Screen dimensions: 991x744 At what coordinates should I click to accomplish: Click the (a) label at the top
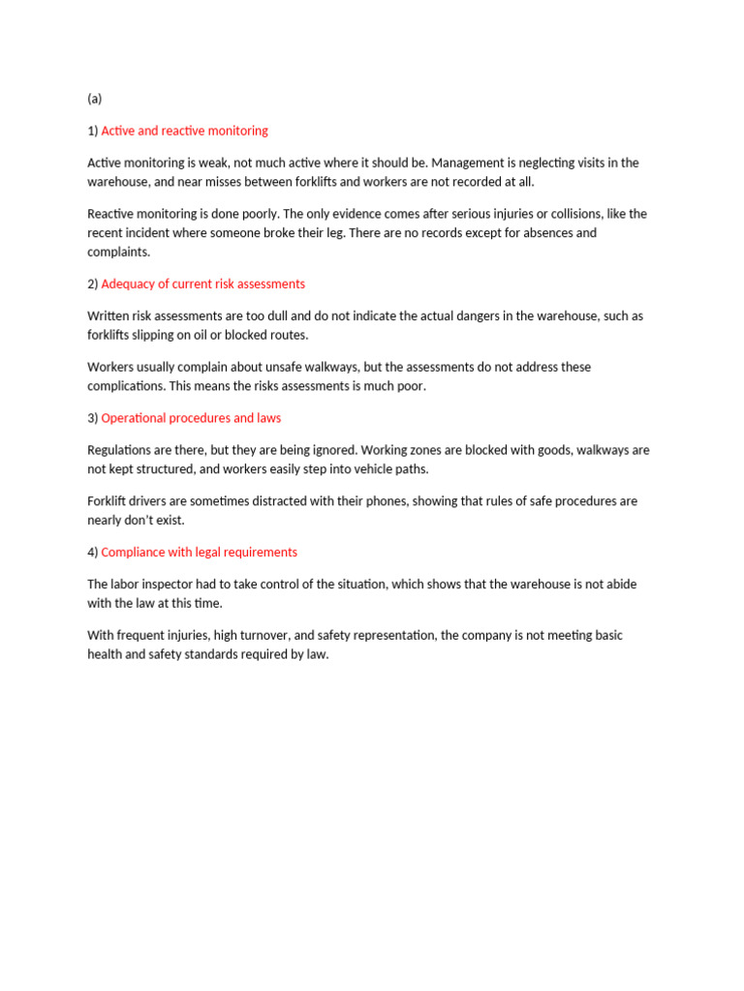[94, 99]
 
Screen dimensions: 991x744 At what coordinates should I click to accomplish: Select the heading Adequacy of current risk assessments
[202, 285]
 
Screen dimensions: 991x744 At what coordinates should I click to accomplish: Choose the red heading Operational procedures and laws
[191, 418]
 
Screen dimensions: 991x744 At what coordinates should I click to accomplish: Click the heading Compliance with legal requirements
[199, 553]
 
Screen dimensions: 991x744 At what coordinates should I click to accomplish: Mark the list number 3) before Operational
[93, 418]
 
